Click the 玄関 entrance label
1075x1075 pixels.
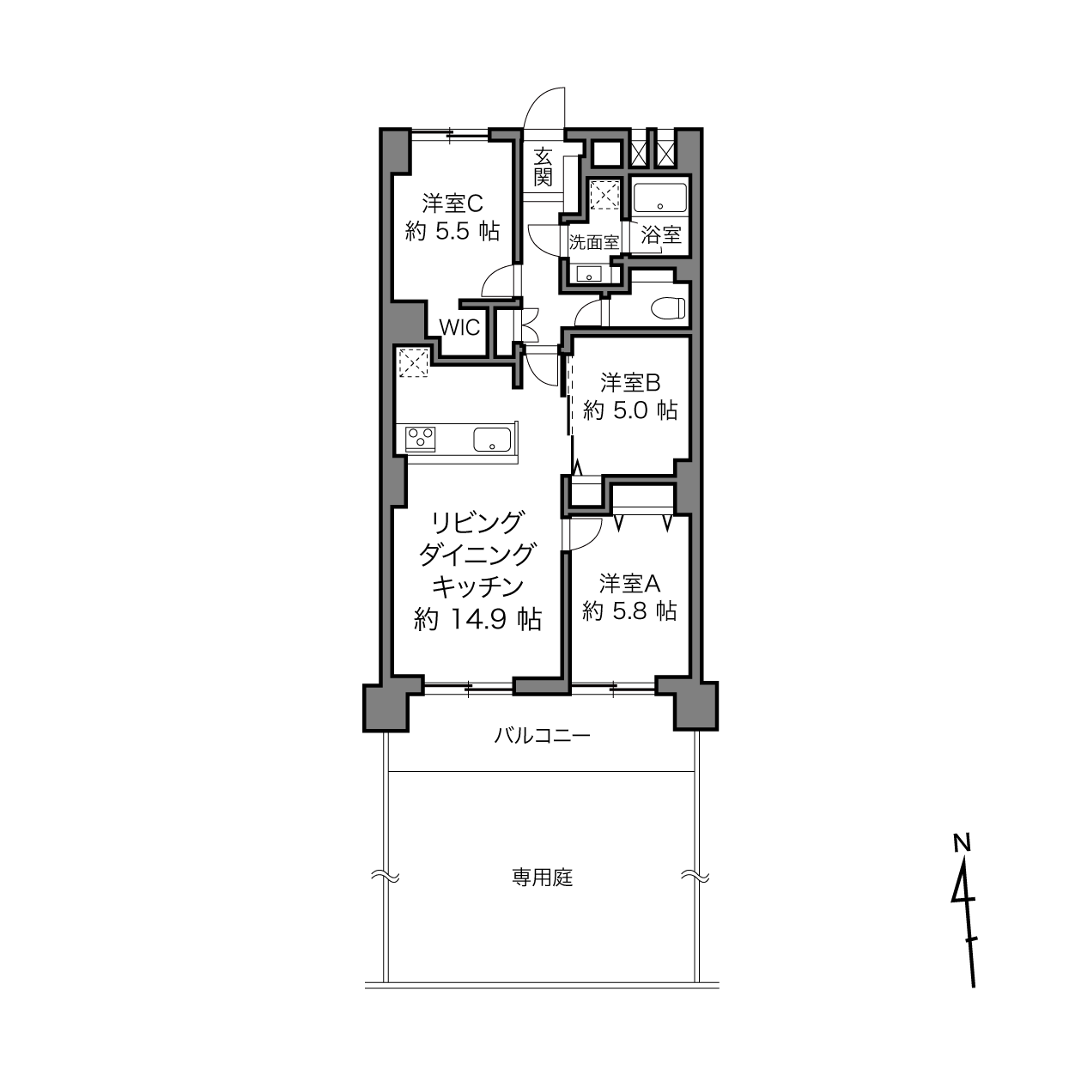coord(542,167)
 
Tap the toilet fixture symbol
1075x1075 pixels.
coord(667,307)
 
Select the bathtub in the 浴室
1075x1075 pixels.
coord(659,197)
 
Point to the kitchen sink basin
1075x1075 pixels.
coord(491,439)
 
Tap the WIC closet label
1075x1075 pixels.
coord(459,327)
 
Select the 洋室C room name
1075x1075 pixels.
coord(452,203)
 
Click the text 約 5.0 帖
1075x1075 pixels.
coord(630,410)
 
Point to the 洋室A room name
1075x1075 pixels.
coord(630,584)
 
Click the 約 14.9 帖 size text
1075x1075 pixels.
coord(477,619)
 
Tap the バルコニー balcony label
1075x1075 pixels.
coord(542,736)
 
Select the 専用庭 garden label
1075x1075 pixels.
coord(543,878)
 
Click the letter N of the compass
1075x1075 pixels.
coord(961,859)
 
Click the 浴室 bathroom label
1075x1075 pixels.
coord(660,234)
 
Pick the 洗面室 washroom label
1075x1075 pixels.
coord(593,242)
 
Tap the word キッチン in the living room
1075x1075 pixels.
coord(478,586)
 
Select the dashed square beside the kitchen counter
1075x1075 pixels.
coord(413,362)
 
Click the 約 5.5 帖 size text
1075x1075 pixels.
coord(452,231)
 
